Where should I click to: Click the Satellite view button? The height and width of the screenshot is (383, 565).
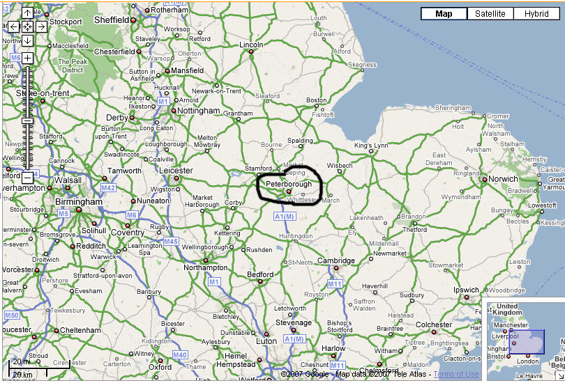pos(490,14)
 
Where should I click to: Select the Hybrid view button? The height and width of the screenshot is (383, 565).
pos(537,14)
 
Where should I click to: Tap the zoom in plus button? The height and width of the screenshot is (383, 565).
pos(27,58)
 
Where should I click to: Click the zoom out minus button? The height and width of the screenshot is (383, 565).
pos(27,178)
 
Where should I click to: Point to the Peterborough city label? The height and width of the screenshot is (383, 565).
pos(289,184)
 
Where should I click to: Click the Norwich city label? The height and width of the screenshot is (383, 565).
pos(503,179)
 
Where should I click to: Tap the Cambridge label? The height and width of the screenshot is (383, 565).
pos(336,260)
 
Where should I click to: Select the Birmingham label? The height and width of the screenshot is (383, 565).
pos(80,201)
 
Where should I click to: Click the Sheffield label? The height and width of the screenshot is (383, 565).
pos(112,20)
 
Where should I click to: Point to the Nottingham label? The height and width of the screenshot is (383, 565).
pos(199,111)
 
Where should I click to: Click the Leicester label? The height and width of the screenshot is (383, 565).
pos(176,170)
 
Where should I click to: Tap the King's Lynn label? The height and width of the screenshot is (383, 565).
pos(370,146)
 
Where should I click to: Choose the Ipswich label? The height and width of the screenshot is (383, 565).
pos(467,290)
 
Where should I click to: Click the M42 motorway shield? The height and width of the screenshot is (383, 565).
pos(108,188)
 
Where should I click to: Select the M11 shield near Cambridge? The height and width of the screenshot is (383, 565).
pos(335,284)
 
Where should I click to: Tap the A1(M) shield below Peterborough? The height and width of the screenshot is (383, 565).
pos(285,217)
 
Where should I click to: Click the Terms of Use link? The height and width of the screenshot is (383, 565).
pos(456,375)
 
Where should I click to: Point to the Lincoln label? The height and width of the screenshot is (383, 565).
pos(251,45)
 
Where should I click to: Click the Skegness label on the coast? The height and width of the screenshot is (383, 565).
pos(362,65)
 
